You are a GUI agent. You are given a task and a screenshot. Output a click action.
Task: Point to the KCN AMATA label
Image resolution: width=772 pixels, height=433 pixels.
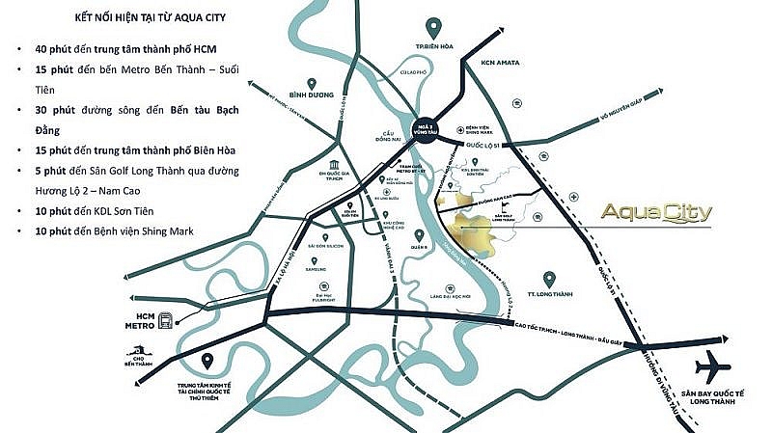click(500, 63)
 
